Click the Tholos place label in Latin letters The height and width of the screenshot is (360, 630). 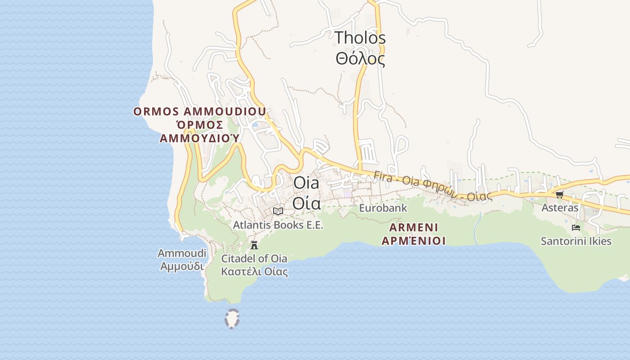[360, 38]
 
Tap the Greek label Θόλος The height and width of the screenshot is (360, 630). [360, 59]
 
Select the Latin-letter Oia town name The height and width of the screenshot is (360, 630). [306, 183]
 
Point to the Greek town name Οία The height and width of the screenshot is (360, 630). [306, 203]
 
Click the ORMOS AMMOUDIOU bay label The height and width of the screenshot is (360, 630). [199, 111]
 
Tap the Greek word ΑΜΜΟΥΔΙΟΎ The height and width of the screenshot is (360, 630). [199, 138]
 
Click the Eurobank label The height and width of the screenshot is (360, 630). [383, 208]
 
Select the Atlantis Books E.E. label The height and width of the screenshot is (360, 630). [278, 225]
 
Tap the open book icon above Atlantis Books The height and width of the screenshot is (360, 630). [278, 211]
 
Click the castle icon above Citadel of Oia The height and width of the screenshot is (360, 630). [254, 245]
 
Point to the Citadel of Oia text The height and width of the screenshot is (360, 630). [254, 259]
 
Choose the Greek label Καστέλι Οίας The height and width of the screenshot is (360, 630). [254, 272]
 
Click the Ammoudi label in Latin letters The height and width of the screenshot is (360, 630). [182, 253]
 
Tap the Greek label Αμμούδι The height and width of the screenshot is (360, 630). [182, 266]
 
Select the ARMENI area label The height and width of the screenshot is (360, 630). [414, 227]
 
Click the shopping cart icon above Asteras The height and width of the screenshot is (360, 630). [560, 194]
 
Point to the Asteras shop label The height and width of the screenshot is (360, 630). [560, 208]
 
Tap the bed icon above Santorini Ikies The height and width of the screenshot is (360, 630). [576, 228]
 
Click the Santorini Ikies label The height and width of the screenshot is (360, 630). [576, 241]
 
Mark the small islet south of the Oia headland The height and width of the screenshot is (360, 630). [232, 319]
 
